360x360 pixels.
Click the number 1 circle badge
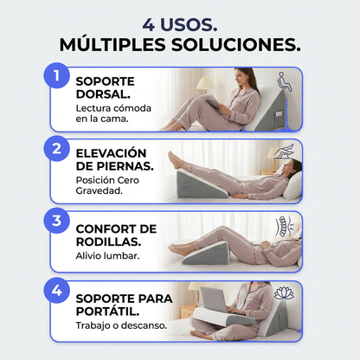pyautogui.click(x=57, y=76)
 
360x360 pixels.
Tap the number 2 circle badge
pyautogui.click(x=57, y=148)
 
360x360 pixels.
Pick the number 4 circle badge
pyautogui.click(x=57, y=290)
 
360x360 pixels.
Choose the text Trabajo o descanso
pyautogui.click(x=119, y=326)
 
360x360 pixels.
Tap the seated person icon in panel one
pyautogui.click(x=287, y=83)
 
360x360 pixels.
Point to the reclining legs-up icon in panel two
pyautogui.click(x=285, y=152)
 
